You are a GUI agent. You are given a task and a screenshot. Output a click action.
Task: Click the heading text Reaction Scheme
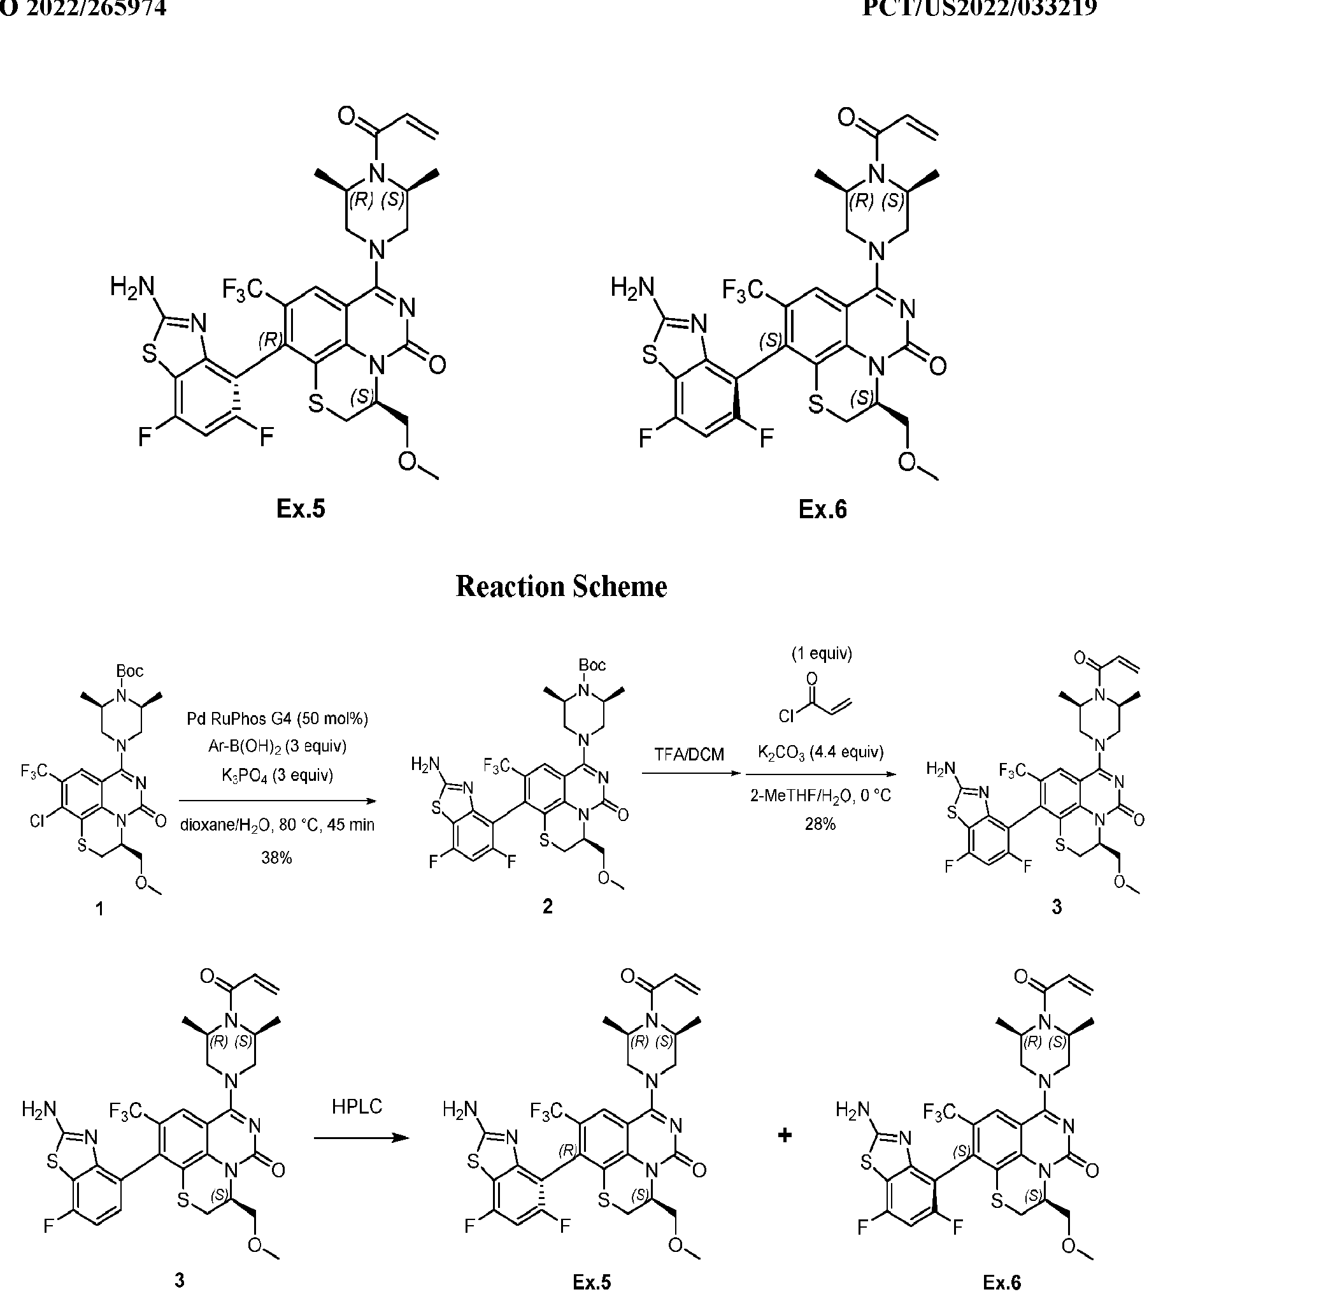(x=560, y=587)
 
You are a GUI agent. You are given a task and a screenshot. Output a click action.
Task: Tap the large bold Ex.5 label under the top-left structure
(x=301, y=509)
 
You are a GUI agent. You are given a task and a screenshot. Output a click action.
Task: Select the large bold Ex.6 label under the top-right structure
(x=822, y=509)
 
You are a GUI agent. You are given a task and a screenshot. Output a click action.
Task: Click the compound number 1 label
(x=100, y=908)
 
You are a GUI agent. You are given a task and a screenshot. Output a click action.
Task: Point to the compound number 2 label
(x=547, y=906)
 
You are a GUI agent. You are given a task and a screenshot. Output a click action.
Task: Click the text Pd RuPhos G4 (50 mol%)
(x=277, y=718)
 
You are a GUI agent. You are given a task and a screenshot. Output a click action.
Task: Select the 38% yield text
(x=276, y=857)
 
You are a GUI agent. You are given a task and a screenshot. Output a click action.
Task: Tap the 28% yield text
(x=820, y=824)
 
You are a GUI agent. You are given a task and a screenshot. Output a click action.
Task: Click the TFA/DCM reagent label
(x=689, y=754)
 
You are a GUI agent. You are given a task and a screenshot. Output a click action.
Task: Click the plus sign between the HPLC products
(x=785, y=1136)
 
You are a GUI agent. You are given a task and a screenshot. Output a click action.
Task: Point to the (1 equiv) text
(x=822, y=654)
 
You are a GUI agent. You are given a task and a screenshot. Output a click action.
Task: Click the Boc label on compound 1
(x=130, y=671)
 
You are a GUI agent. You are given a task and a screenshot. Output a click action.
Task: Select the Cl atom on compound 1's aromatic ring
(x=38, y=820)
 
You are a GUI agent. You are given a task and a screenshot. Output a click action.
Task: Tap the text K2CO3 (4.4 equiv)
(x=820, y=752)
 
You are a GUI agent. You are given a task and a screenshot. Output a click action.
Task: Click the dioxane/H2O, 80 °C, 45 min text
(x=277, y=825)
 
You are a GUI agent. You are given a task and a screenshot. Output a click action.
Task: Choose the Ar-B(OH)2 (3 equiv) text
(x=277, y=746)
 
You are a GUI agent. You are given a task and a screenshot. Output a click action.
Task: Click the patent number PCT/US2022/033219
(x=979, y=8)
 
